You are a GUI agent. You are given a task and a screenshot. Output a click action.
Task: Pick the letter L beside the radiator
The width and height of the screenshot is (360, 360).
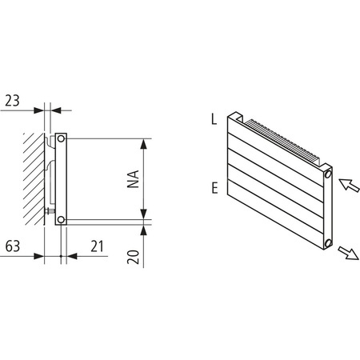[x=214, y=119]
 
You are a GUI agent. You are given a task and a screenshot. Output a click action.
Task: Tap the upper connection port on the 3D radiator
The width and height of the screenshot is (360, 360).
[x=328, y=174]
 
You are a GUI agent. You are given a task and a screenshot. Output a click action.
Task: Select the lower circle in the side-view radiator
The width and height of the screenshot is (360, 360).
[x=62, y=218]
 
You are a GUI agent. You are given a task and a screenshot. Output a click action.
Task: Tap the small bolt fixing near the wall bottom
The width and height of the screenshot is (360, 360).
[x=51, y=212]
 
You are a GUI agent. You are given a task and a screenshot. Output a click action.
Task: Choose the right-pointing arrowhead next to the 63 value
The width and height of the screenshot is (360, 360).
[x=39, y=256]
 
